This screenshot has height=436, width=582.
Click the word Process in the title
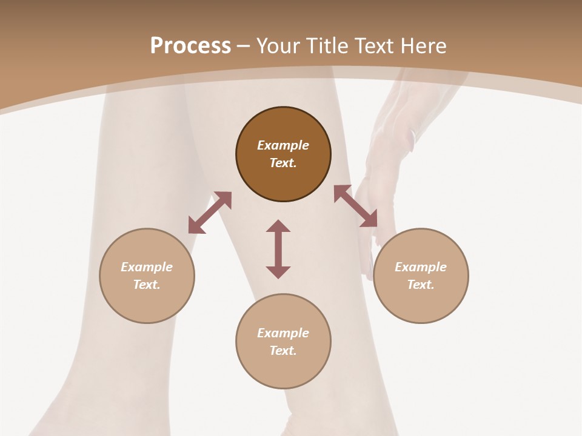point(190,46)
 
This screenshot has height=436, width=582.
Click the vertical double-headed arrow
point(278,249)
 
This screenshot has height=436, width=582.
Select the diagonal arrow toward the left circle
point(210,213)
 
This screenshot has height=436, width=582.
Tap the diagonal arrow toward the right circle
point(355,206)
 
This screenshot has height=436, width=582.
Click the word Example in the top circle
point(283,145)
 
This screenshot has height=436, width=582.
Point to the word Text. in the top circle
point(283,163)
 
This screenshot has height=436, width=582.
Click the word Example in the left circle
point(147,267)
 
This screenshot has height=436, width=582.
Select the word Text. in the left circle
point(147,285)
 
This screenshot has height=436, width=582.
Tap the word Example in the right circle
point(421,267)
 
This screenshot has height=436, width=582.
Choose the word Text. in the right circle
point(421,285)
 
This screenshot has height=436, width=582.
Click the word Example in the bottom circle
point(283,333)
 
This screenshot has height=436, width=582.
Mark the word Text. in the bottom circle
point(283,351)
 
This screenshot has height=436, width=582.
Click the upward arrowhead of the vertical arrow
point(278,226)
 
